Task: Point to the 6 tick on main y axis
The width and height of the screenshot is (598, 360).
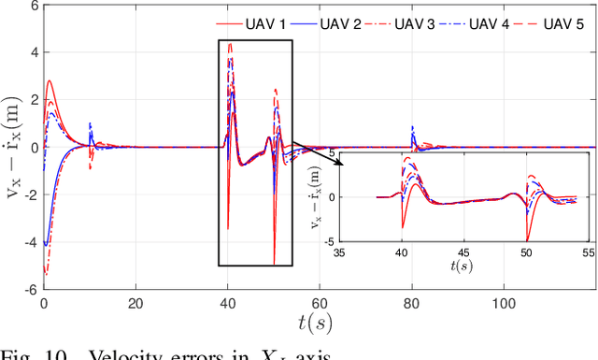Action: click(31, 6)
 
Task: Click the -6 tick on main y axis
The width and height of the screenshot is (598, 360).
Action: click(28, 289)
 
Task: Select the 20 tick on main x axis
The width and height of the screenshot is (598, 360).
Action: click(135, 304)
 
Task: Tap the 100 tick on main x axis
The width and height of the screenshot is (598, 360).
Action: click(504, 304)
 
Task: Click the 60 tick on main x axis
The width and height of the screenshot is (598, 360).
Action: click(320, 304)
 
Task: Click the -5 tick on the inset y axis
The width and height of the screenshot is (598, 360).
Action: click(331, 241)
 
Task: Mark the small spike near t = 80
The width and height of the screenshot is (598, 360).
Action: click(412, 131)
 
